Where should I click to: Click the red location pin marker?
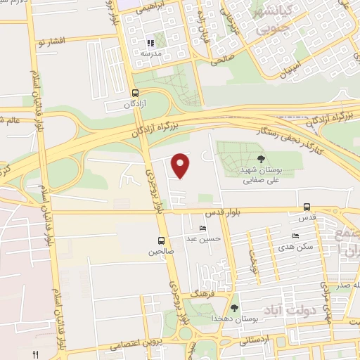coord(181,165)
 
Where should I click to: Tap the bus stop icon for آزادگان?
coord(135,92)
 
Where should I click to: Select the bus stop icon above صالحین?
coord(162,240)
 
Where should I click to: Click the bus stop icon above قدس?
coord(307,207)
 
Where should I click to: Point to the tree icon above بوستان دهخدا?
coord(234,307)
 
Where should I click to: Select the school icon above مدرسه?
coord(150,43)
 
